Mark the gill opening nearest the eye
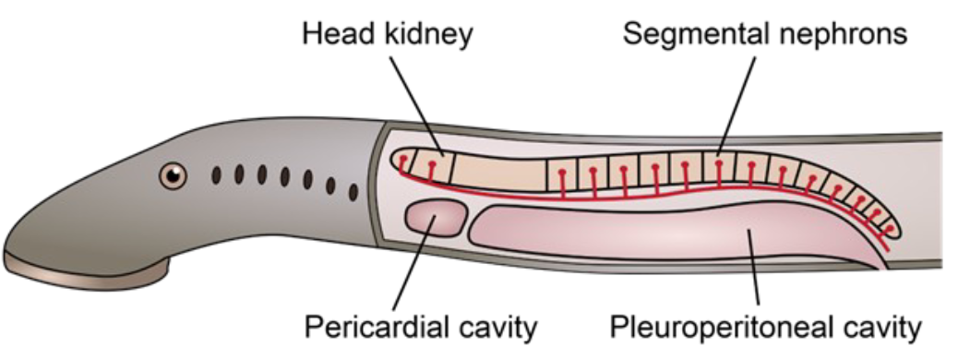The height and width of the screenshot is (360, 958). click(216, 174)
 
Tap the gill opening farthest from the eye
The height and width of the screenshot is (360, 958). click(353, 191)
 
